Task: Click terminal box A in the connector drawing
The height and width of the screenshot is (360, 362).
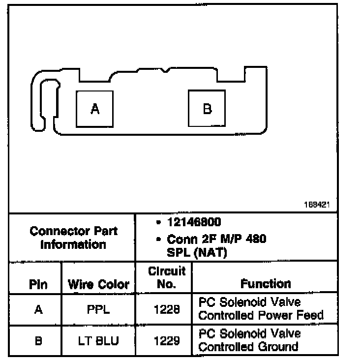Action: [94, 108]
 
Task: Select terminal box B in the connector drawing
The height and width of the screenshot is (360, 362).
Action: [207, 108]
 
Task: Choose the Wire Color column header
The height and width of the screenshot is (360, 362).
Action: [98, 284]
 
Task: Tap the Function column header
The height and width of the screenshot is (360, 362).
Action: [266, 284]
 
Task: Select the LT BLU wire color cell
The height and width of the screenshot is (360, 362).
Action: [98, 340]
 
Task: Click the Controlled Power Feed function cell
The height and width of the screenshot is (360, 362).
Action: [260, 309]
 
